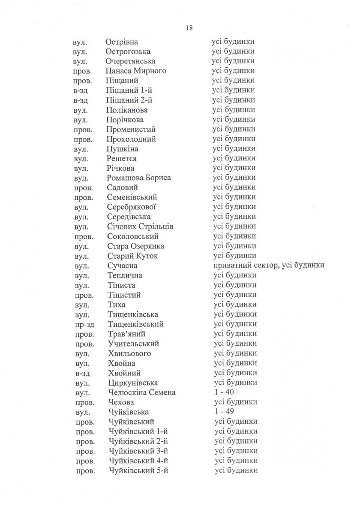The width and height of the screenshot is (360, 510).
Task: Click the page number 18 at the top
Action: (x=189, y=28)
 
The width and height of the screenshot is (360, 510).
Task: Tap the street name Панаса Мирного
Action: (x=136, y=71)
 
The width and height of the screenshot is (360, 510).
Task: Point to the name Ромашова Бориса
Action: (x=139, y=178)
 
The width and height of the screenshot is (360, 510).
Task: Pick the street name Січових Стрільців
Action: (x=141, y=226)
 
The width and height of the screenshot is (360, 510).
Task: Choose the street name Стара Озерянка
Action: (x=136, y=246)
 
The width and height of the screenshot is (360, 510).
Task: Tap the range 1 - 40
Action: (x=224, y=392)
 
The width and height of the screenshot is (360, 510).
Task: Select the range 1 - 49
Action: (x=224, y=412)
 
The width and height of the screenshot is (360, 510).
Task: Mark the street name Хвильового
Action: (x=129, y=353)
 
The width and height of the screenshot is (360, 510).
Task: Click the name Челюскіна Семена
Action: (x=142, y=392)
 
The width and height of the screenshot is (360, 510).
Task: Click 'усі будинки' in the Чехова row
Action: (x=235, y=402)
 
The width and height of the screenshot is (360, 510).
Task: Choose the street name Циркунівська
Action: (x=133, y=383)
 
